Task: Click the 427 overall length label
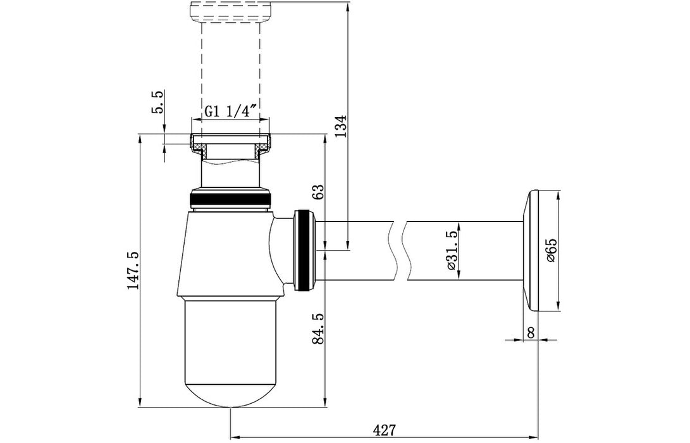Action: point(384,430)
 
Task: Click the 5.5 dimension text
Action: point(157,102)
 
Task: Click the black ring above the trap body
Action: point(231,201)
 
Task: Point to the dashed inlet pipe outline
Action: point(231,63)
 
